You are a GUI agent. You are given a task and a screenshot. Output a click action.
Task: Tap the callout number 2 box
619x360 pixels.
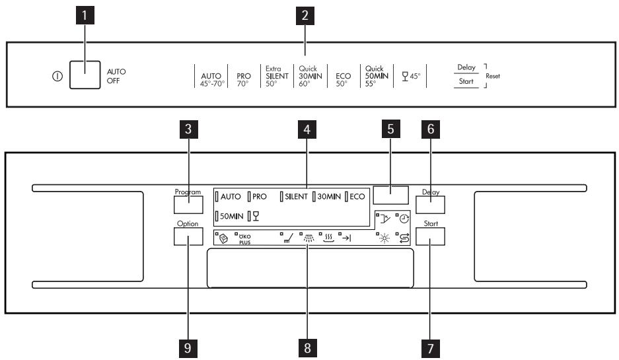point(305,18)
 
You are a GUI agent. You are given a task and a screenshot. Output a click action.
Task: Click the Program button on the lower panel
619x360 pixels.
point(188,203)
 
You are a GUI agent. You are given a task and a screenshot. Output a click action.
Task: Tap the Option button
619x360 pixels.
point(188,236)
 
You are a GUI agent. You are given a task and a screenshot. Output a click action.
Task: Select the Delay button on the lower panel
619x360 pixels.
point(430,203)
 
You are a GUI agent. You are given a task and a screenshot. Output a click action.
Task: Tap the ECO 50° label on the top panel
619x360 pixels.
point(343,79)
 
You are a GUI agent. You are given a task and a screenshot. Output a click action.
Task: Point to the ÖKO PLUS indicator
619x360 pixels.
point(244,238)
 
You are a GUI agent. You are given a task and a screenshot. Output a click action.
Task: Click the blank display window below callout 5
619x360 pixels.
point(390,195)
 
